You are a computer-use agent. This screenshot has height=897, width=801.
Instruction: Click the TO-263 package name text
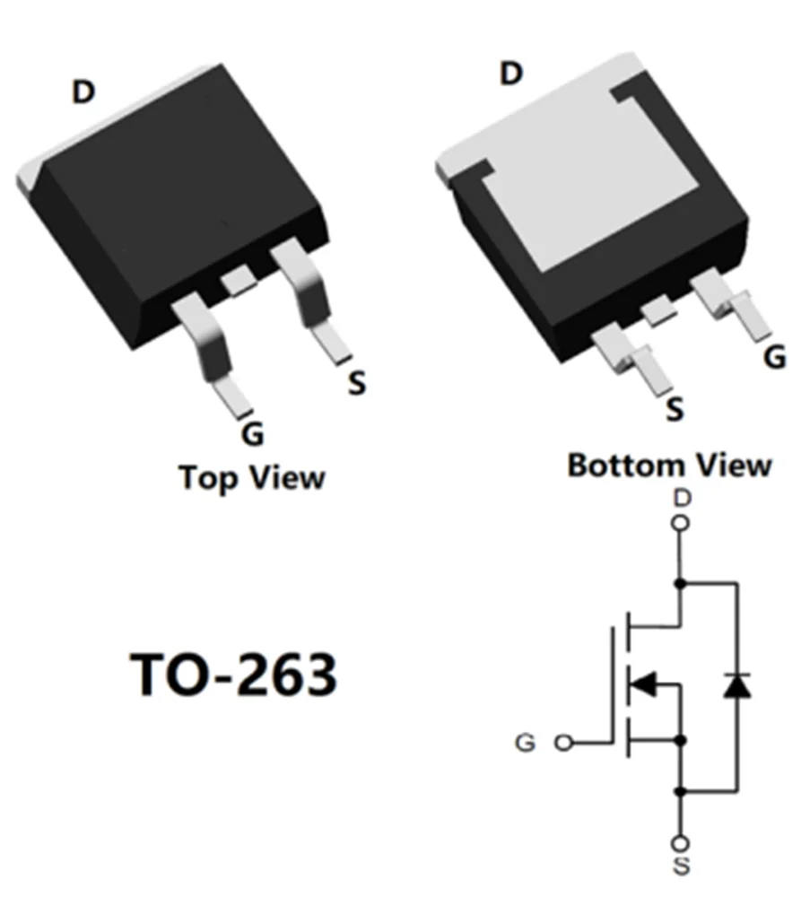coord(234,675)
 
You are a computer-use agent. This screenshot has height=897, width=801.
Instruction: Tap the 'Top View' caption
coord(252,476)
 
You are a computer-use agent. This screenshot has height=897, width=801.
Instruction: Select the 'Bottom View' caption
coord(669,466)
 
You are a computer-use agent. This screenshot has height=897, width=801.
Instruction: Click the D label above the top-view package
coord(83,91)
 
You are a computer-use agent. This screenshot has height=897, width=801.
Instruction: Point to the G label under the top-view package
coord(253,434)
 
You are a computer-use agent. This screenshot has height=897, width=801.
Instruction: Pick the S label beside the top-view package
coord(357,384)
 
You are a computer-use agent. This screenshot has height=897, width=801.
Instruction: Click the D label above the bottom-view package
coord(510,74)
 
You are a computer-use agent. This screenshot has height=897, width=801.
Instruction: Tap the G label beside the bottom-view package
coord(774,358)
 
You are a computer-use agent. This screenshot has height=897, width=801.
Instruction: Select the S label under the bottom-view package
coord(675,410)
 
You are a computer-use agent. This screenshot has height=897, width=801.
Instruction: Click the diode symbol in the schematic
coord(736,686)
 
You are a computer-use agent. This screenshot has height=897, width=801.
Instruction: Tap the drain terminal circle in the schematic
coord(682,523)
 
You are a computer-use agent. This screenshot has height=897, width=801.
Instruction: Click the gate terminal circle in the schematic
coord(563,743)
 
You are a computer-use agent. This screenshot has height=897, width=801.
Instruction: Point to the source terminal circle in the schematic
coord(682,843)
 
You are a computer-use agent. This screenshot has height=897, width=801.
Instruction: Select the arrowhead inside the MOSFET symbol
coord(643,686)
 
